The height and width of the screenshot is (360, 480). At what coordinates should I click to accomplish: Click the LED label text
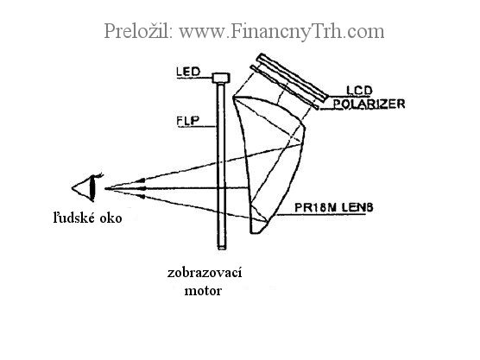pyautogui.click(x=188, y=72)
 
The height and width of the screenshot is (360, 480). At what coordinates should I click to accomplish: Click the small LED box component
pyautogui.click(x=221, y=78)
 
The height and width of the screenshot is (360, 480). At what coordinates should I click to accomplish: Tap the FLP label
pyautogui.click(x=187, y=120)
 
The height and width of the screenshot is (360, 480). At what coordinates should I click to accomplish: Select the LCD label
pyautogui.click(x=359, y=91)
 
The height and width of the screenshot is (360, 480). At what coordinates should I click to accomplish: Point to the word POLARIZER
pyautogui.click(x=369, y=104)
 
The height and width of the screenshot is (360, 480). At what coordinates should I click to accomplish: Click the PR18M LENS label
pyautogui.click(x=334, y=207)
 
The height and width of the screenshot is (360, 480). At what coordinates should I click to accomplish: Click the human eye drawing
pyautogui.click(x=87, y=187)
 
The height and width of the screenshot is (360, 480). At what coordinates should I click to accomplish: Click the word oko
pyautogui.click(x=111, y=218)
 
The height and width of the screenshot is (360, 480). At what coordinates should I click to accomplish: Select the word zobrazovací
pyautogui.click(x=205, y=273)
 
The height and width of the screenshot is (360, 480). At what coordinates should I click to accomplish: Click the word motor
pyautogui.click(x=203, y=291)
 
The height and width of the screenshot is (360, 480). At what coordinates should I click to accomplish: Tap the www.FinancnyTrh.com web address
pyautogui.click(x=281, y=32)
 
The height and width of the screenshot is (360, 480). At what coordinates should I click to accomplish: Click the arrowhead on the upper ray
pyautogui.click(x=139, y=180)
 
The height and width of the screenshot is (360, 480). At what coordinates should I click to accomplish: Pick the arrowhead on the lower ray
pyautogui.click(x=140, y=196)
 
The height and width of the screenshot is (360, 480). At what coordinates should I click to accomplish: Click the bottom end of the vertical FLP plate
pyautogui.click(x=222, y=249)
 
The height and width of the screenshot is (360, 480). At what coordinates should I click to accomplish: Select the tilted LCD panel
pyautogui.click(x=292, y=77)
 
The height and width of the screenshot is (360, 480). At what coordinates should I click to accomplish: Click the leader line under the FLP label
pyautogui.click(x=197, y=127)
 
